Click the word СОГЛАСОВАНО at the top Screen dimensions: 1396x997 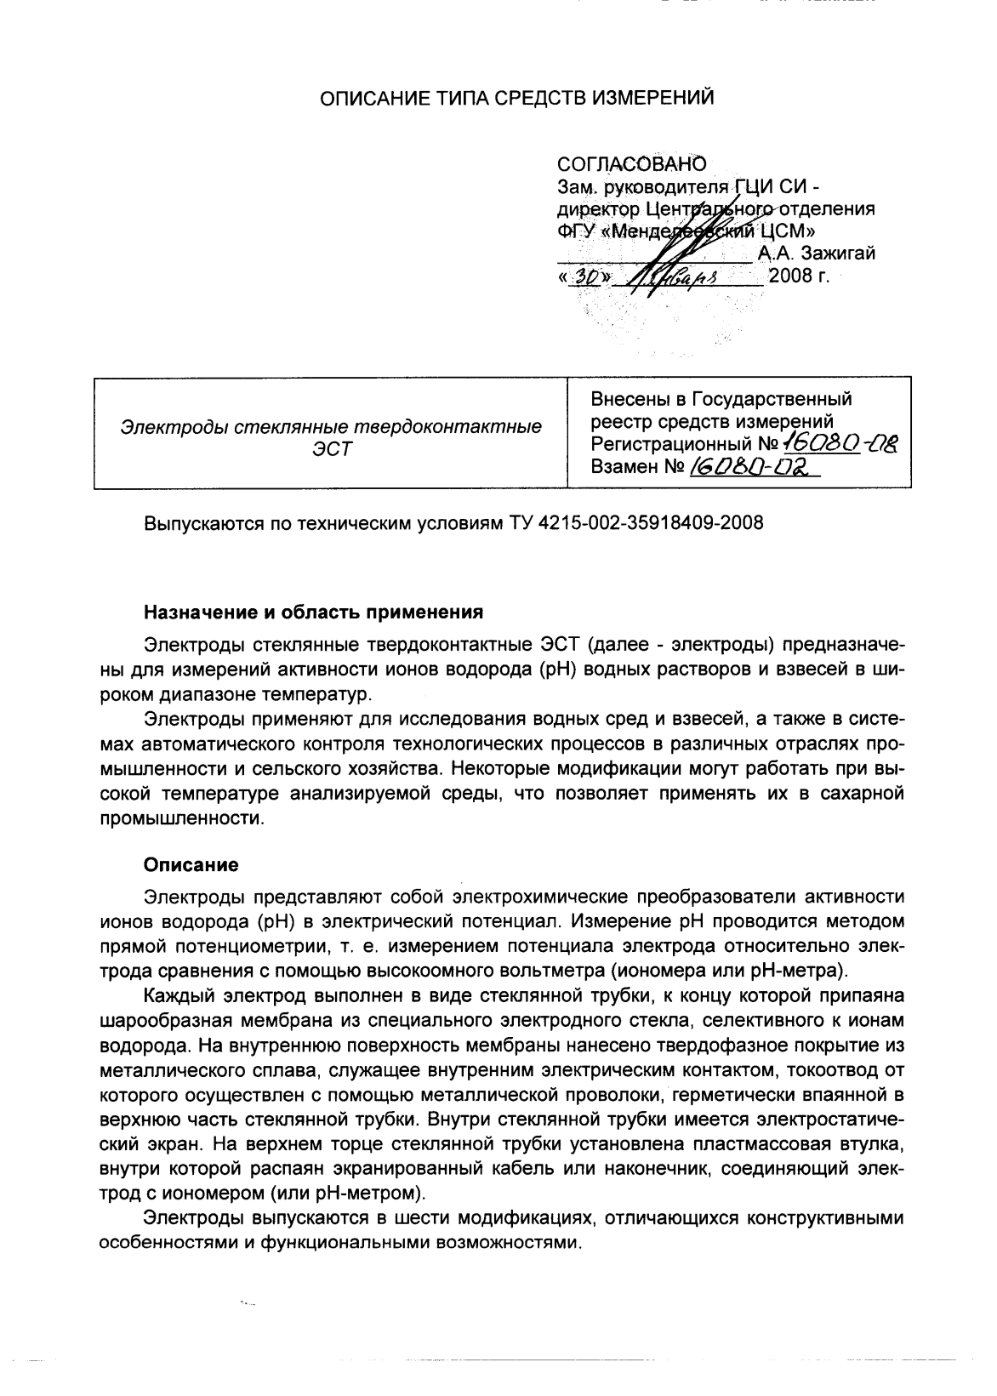pos(631,162)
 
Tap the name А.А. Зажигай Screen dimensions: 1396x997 pos(816,253)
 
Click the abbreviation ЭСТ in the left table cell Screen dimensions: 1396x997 pos(331,448)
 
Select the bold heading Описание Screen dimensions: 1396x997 pos(191,864)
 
